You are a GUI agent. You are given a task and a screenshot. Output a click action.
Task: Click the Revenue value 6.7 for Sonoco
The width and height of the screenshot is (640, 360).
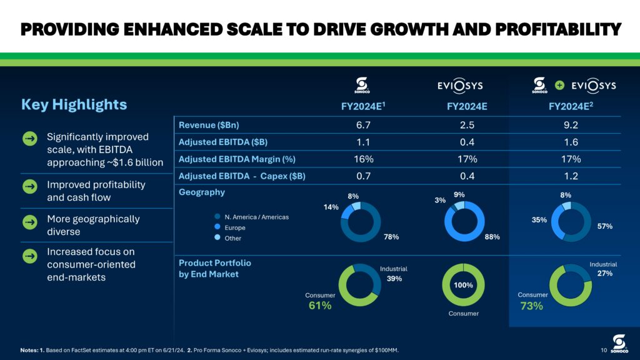[363, 125]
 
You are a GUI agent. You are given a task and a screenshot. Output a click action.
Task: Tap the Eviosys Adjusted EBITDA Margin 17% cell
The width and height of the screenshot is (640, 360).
[467, 159]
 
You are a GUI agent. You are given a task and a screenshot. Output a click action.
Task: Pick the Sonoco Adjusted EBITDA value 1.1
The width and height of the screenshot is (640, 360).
[363, 142]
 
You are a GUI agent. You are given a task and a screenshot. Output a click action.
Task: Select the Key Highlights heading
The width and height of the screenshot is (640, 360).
[74, 104]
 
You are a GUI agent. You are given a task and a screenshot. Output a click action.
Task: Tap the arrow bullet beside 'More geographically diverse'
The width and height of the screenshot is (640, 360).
[29, 222]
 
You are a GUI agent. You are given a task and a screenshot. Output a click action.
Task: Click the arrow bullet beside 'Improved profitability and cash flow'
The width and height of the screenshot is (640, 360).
[29, 187]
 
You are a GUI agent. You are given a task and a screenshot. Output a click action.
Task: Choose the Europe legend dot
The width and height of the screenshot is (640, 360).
[217, 227]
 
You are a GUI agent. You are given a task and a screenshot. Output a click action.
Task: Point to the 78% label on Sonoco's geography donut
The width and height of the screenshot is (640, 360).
[392, 237]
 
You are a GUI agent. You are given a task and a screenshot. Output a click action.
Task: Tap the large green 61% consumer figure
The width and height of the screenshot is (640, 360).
[320, 306]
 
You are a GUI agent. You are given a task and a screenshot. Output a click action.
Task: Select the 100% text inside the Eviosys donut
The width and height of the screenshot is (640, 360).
[463, 284]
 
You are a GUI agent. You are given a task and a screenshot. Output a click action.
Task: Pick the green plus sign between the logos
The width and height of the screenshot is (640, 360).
[561, 85]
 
